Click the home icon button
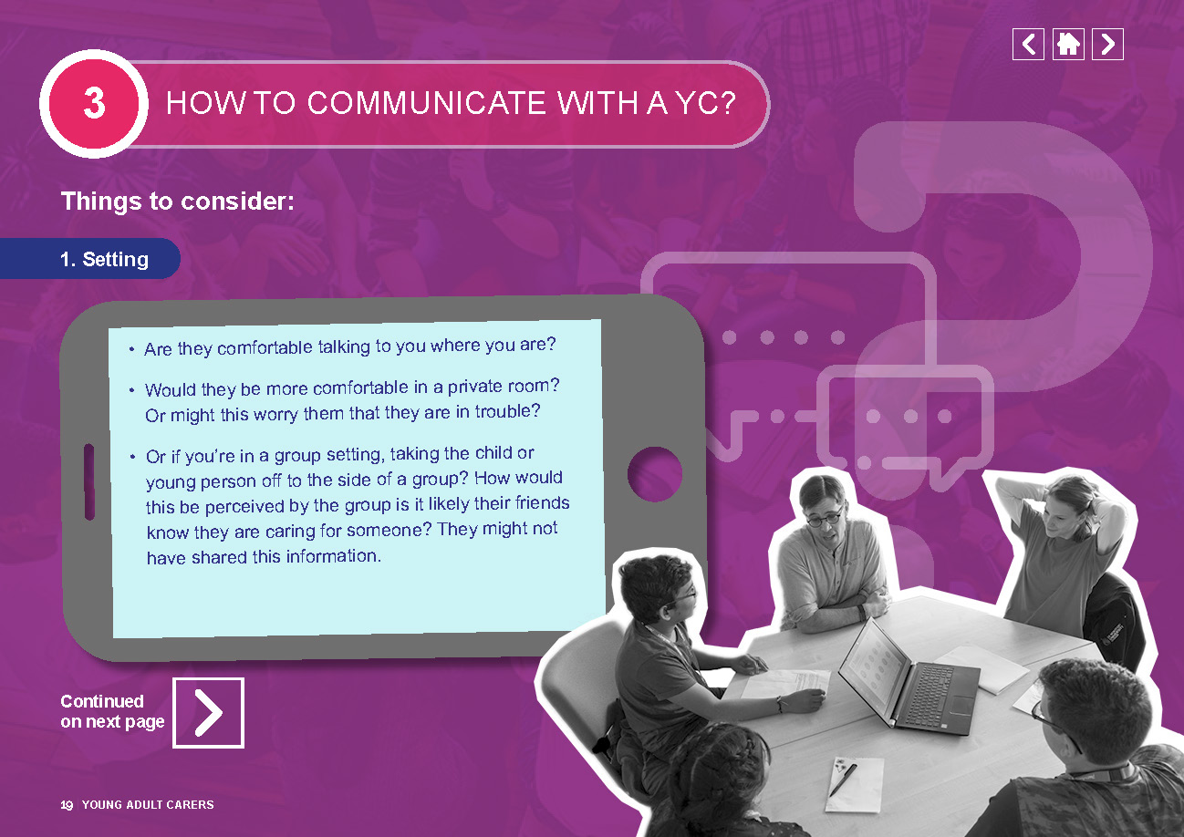pos(1068,45)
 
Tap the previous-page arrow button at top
pos(1028,45)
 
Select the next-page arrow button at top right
pos(1108,45)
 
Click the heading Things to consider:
pos(178,201)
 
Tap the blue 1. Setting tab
pos(90,258)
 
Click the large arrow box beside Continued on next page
pos(208,712)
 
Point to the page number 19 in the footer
pos(67,805)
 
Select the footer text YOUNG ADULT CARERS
pos(148,805)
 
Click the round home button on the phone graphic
pos(654,474)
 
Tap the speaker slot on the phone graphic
pos(89,482)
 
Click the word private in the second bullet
pos(476,387)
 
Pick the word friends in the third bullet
pos(543,502)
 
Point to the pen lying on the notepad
pos(843,780)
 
